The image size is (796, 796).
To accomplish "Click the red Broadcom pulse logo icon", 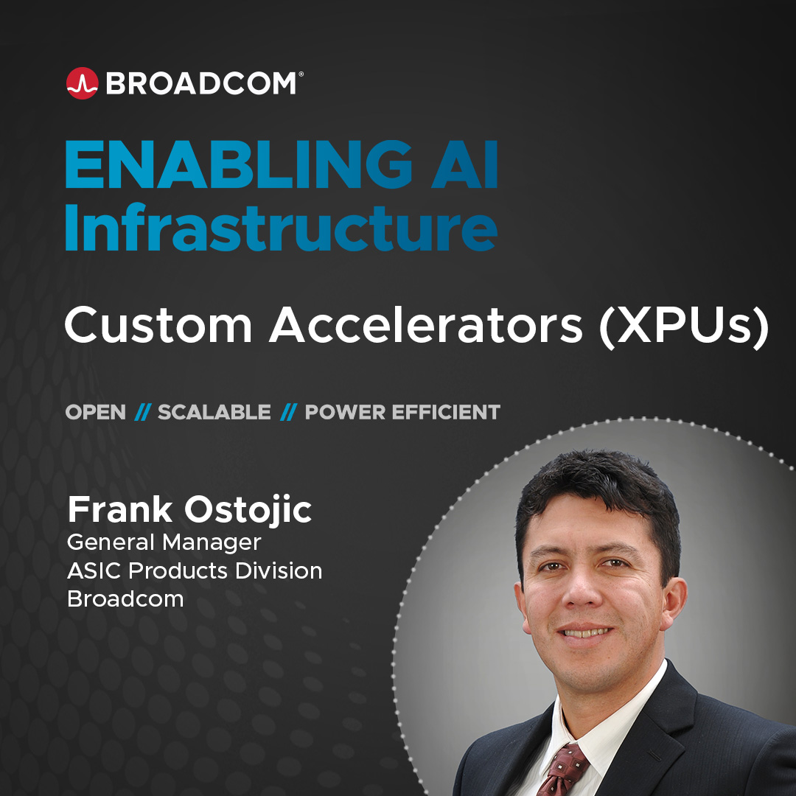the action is coord(83,83).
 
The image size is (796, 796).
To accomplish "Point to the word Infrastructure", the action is coord(281,227).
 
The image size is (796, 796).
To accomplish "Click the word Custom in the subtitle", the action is coord(158,325).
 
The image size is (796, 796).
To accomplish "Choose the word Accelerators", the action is coord(425,325).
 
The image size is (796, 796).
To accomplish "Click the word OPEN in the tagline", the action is coord(95,412).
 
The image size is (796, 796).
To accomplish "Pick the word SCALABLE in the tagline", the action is coord(214,412).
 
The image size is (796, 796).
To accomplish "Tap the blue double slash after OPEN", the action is coord(143,412).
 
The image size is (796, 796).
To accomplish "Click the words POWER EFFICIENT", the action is coord(402,412).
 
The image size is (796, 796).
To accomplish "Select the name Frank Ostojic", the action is coord(190,510).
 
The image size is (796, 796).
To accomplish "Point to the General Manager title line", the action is coord(164,542).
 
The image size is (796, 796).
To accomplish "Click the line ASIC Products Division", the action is coord(195,570).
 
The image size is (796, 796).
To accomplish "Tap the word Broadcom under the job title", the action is coord(125,599).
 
